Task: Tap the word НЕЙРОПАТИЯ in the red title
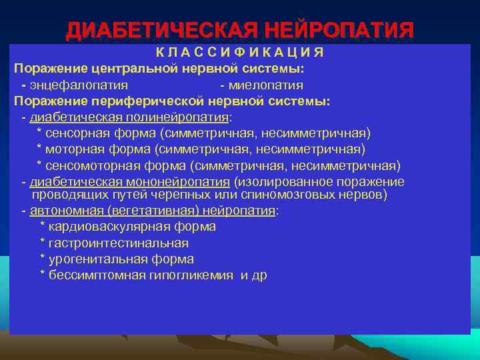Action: point(339,31)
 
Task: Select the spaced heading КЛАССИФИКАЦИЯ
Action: point(240,53)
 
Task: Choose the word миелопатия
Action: point(266,85)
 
